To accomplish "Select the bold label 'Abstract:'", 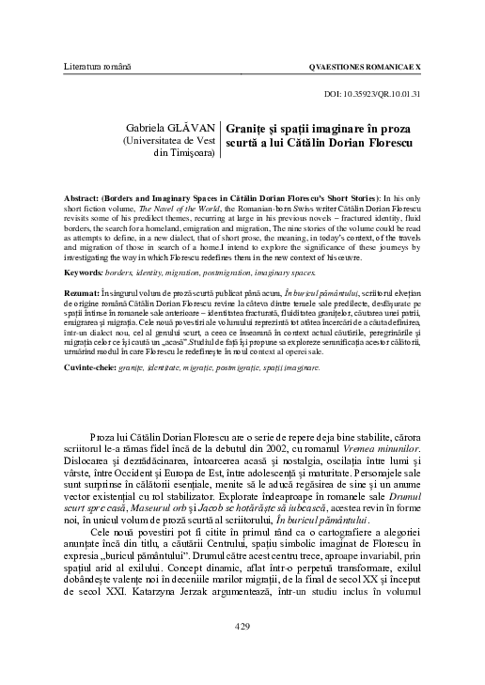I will point(82,201).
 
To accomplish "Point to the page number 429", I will point(242,651).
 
